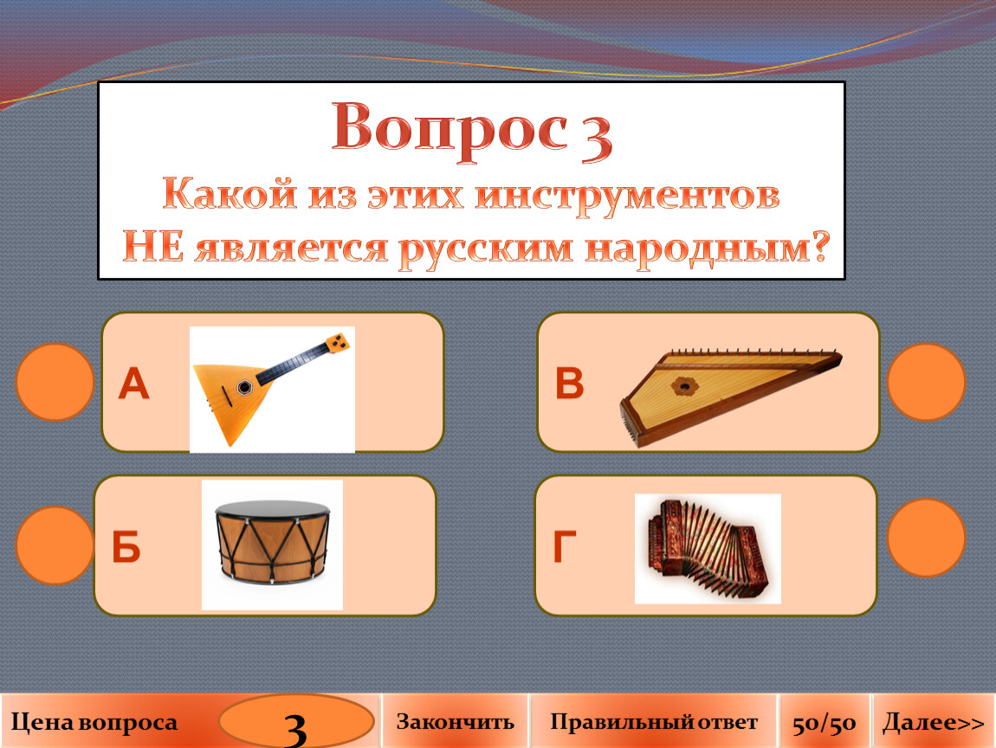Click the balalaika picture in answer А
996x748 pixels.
pyautogui.click(x=272, y=390)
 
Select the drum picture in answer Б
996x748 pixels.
pyautogui.click(x=273, y=545)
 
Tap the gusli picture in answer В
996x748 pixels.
pyautogui.click(x=730, y=397)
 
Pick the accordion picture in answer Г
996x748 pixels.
pyautogui.click(x=708, y=549)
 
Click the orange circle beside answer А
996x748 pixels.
pyautogui.click(x=55, y=383)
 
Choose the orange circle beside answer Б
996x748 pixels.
pyautogui.click(x=55, y=545)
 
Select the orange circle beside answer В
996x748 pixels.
pyautogui.click(x=926, y=383)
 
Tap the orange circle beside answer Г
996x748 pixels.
pyautogui.click(x=926, y=537)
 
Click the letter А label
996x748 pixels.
pyautogui.click(x=133, y=384)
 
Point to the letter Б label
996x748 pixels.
pyautogui.click(x=126, y=546)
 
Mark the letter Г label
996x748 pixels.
pyautogui.click(x=565, y=546)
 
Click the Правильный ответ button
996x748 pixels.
pyautogui.click(x=654, y=721)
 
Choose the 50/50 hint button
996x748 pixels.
pyautogui.click(x=825, y=721)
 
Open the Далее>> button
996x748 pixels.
pyautogui.click(x=934, y=721)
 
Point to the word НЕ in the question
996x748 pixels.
pyautogui.click(x=153, y=247)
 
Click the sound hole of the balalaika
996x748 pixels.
pyautogui.click(x=244, y=387)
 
